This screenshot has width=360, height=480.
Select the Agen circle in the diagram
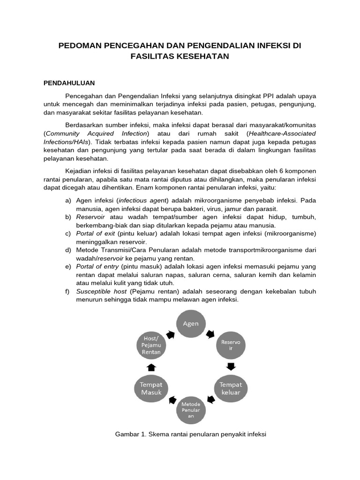[191, 323]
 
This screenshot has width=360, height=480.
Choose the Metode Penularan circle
[191, 409]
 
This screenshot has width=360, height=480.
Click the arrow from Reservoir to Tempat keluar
[231, 366]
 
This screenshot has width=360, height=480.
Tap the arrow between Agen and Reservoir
[211, 335]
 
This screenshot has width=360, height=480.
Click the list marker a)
[68, 201]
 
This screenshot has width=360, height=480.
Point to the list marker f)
[68, 292]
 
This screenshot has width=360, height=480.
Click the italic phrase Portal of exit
[96, 233]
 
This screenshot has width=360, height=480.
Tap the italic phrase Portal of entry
[97, 266]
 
